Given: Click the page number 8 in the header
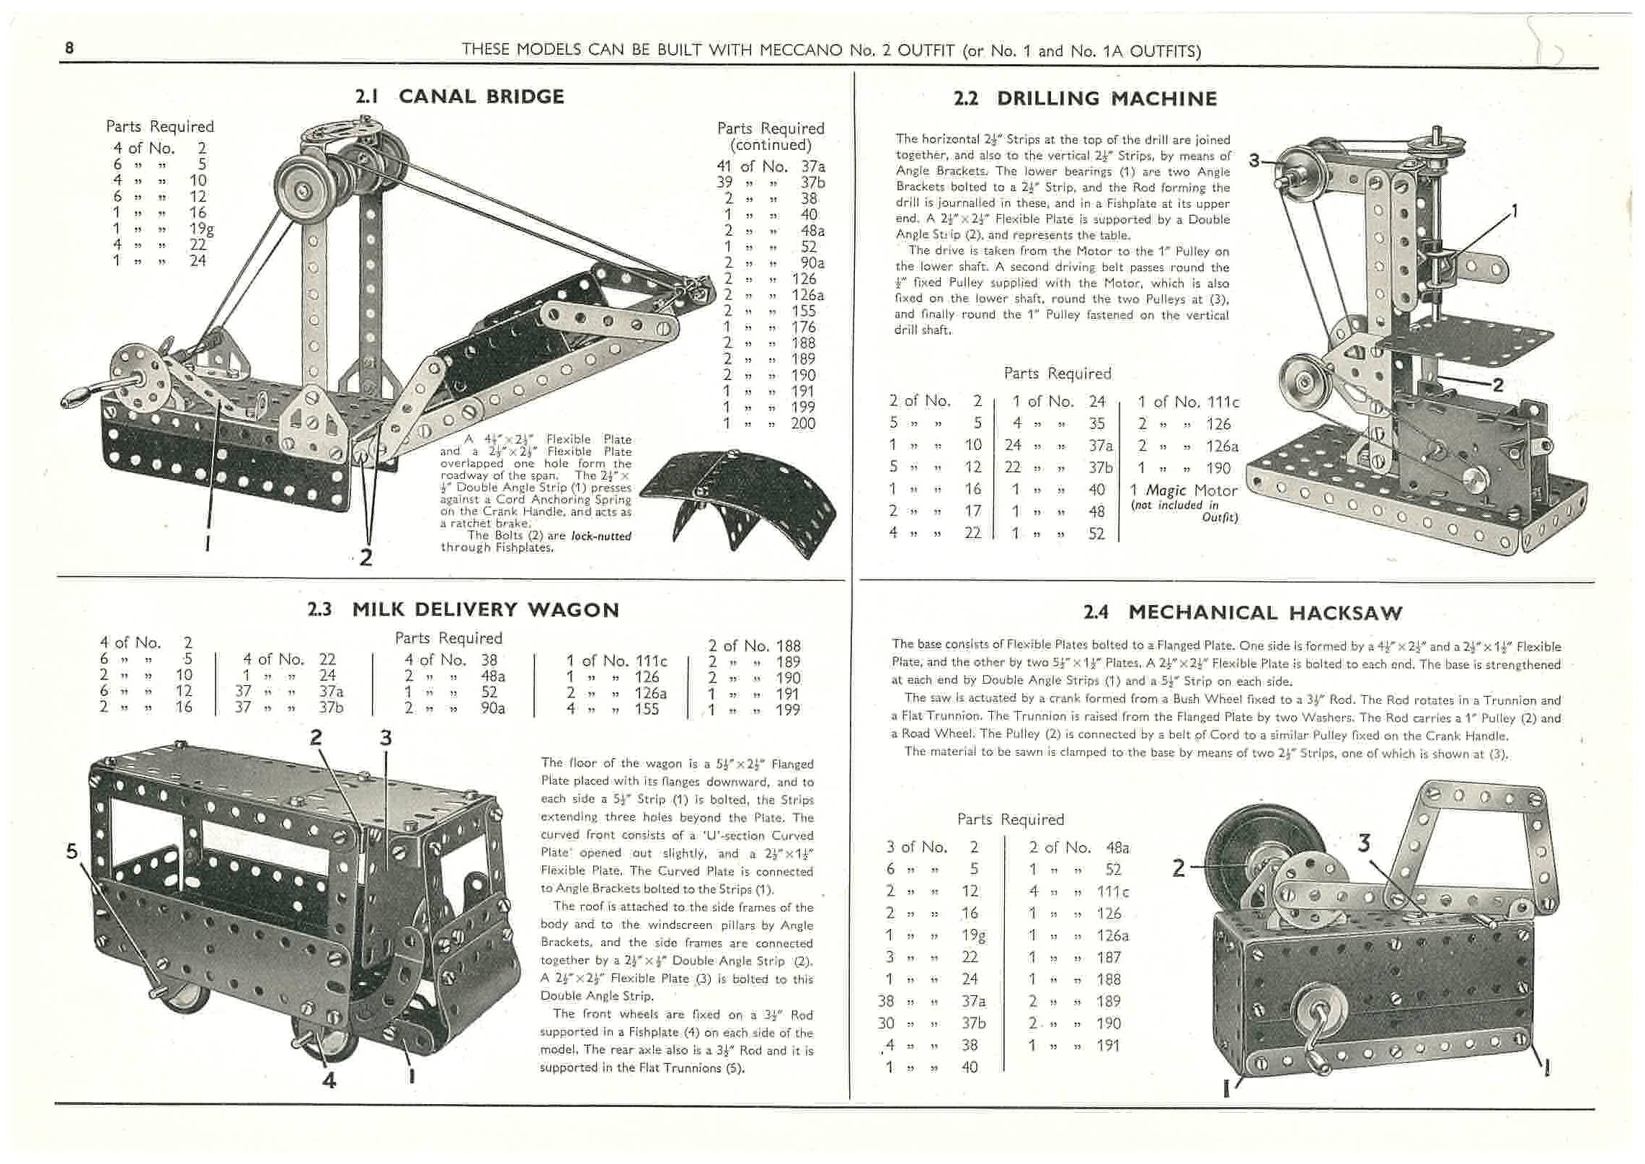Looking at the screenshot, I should point(69,48).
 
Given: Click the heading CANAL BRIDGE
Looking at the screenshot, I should point(481,97).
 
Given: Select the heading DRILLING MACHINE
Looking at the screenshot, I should point(1107,99).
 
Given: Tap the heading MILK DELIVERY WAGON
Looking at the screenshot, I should point(485,610).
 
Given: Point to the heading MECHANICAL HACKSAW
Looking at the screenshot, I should point(1265,613).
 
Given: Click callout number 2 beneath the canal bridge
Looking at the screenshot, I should point(366,557).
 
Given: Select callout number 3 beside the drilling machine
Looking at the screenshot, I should point(1255,161).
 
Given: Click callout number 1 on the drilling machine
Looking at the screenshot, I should point(1515,211).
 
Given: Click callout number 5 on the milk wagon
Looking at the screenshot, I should point(71,852).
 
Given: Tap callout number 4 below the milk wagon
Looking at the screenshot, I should point(329,1080).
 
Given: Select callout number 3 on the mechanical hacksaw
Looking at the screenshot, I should point(1363,843).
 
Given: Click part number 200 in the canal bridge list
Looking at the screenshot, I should point(802,423).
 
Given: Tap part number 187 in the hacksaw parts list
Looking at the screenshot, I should point(1108,958).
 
